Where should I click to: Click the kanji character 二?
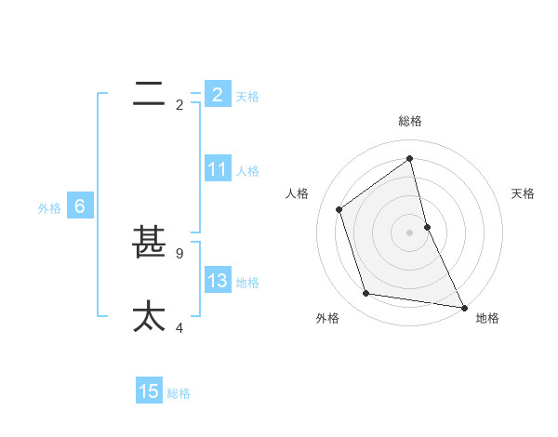coord(149,93)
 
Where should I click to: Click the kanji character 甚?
coord(149,243)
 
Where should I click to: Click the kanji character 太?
coord(149,316)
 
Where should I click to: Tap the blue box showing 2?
coord(218,95)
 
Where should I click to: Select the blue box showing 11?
coord(218,169)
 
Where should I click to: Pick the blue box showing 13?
coord(218,281)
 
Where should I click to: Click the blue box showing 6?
coord(79,206)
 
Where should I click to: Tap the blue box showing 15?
coord(149,391)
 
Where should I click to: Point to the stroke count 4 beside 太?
coord(179,327)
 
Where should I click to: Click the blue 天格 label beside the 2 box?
coord(247,96)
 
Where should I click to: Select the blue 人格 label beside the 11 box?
coord(247,170)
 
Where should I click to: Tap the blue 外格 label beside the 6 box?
coord(49,208)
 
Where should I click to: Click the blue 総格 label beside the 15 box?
coord(179,393)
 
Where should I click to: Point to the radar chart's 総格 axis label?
coord(409,121)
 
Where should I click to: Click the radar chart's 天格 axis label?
coord(523,193)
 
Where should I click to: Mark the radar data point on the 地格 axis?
coord(463,307)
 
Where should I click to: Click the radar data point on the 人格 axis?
coord(339,209)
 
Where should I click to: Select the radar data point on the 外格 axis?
coord(366,294)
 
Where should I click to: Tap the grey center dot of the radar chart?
coord(409,232)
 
